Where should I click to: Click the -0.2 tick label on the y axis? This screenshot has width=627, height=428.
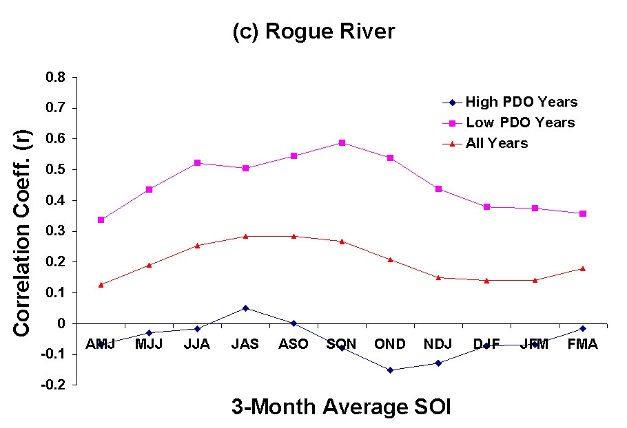coord(53,385)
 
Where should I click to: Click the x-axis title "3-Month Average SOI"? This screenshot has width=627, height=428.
coord(340,407)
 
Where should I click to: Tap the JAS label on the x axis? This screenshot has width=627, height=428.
coord(245,345)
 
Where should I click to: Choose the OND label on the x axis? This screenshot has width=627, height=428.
coord(390,345)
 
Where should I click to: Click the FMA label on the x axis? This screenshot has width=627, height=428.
coord(582,345)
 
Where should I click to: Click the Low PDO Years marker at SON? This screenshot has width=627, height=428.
coord(342,142)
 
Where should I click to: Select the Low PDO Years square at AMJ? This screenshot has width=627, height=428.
coord(101,220)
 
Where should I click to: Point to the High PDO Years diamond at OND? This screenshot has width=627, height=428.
coord(390,370)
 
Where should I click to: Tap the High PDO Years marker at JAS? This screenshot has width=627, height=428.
coord(245,308)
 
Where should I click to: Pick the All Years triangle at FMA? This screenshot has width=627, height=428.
coord(583,268)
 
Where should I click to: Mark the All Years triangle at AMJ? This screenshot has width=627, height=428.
coord(101,284)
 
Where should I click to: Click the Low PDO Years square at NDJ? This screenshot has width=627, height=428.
coord(438,189)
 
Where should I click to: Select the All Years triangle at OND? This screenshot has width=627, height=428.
coord(390,259)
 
